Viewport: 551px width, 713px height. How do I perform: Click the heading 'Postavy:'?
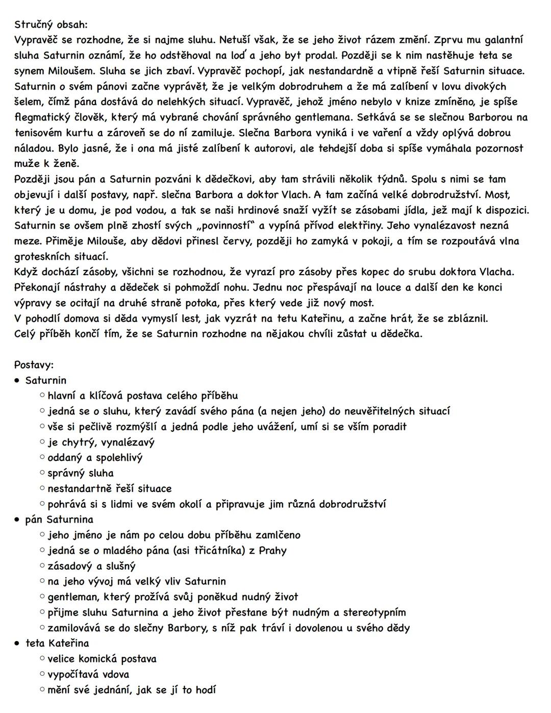pos(34,365)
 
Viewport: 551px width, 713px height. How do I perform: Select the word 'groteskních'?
pos(46,256)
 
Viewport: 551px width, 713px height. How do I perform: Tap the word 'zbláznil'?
pos(464,318)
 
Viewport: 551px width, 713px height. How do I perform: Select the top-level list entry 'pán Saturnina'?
pos(59,520)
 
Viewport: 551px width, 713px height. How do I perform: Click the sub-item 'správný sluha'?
pos(81,473)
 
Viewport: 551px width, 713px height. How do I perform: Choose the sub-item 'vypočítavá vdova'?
pos(88,674)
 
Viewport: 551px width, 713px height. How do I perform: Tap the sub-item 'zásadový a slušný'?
pos(91,566)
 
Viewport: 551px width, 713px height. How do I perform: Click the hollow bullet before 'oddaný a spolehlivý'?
pos(42,458)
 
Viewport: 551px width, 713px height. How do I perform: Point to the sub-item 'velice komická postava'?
pos(102,659)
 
